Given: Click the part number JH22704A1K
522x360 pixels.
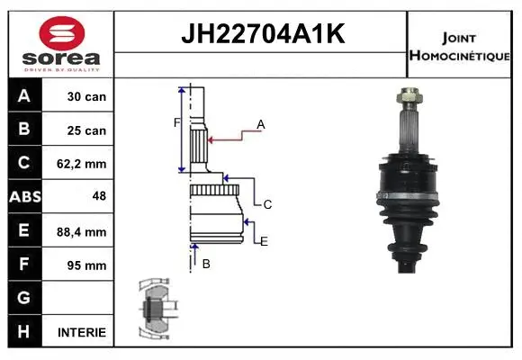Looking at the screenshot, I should point(262,35).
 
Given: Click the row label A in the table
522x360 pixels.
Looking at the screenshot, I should point(23,96).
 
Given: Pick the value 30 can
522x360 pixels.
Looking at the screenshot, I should point(86,96).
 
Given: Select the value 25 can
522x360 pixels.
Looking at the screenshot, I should point(86,130).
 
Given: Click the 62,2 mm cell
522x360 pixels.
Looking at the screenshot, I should point(86,164).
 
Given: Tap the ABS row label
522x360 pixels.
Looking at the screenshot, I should point(23,197).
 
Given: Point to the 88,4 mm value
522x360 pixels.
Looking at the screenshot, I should point(86,231).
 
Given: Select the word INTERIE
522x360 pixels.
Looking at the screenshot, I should point(82,332).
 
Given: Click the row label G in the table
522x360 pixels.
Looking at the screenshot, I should point(23,298).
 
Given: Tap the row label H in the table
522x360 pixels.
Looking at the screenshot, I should point(23,331).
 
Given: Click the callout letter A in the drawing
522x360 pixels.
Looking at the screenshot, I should point(260,124).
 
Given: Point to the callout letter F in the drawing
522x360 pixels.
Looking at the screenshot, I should point(176,122).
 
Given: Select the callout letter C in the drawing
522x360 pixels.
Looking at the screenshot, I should point(267,205).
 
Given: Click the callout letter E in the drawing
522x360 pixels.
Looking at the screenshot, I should point(264,241).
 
